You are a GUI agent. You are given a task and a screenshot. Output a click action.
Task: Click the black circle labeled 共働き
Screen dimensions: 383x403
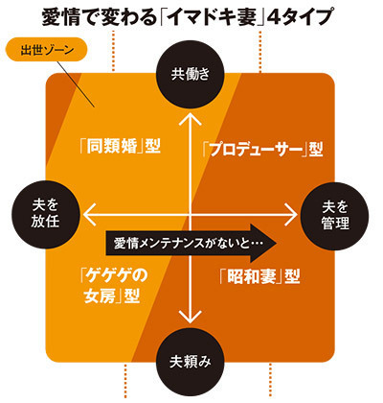pyautogui.click(x=191, y=74)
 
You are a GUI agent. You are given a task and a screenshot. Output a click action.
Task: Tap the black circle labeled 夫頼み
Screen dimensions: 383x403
pyautogui.click(x=191, y=363)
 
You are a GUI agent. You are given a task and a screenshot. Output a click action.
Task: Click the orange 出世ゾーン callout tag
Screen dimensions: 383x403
pyautogui.click(x=47, y=51)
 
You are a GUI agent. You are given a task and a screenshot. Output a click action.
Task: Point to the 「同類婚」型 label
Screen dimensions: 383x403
pyautogui.click(x=120, y=146)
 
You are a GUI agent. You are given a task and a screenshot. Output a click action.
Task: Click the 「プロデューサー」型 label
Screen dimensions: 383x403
pyautogui.click(x=262, y=150)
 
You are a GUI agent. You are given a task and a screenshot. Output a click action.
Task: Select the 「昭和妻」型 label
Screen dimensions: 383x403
pyautogui.click(x=259, y=275)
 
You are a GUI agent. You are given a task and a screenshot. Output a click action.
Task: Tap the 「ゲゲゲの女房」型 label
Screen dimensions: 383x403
pyautogui.click(x=113, y=286)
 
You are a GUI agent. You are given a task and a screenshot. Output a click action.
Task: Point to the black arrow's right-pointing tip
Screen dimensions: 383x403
pyautogui.click(x=277, y=243)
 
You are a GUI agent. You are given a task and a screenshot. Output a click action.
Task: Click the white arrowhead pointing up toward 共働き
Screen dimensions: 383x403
pyautogui.click(x=191, y=118)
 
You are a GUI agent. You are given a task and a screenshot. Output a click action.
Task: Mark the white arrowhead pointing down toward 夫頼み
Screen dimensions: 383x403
pyautogui.click(x=191, y=316)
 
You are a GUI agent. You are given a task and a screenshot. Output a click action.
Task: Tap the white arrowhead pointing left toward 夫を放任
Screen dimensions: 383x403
pyautogui.click(x=90, y=215)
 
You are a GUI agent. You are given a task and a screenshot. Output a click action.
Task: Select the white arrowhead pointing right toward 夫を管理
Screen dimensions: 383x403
pyautogui.click(x=290, y=215)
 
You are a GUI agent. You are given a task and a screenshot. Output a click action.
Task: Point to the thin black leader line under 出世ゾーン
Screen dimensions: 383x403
pyautogui.click(x=77, y=83)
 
